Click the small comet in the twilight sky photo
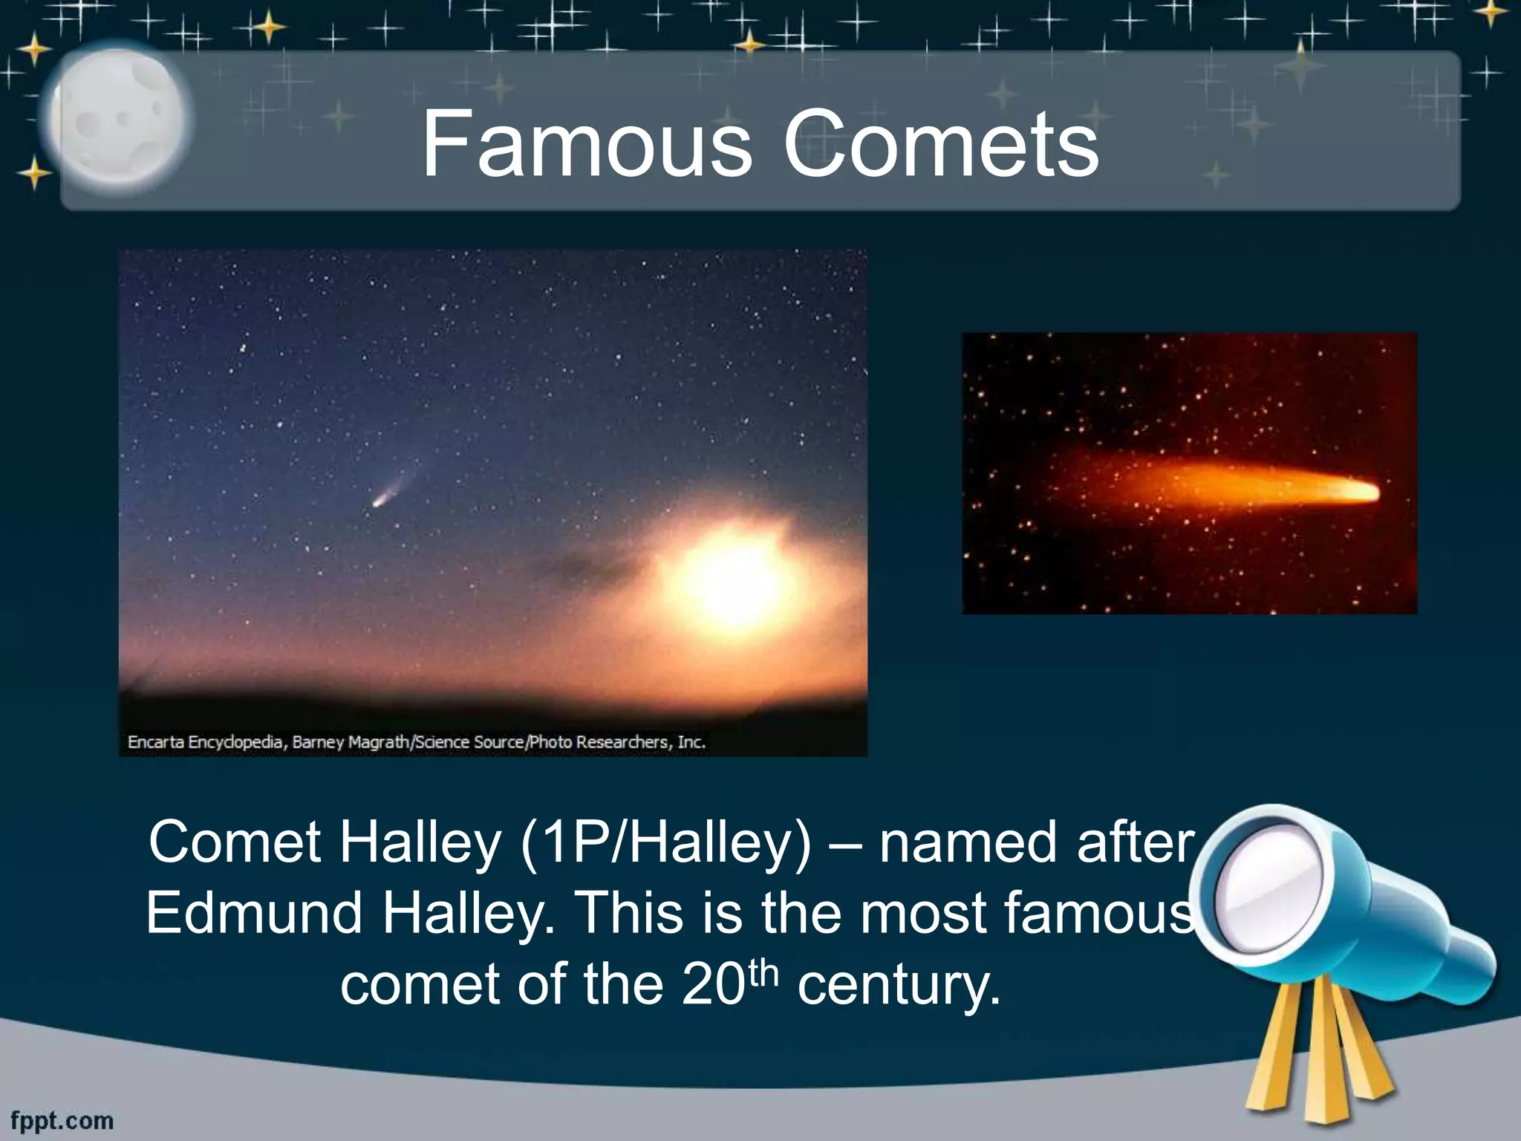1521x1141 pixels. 380,501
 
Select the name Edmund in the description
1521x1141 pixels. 253,913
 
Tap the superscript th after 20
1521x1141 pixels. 762,970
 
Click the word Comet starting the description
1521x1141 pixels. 234,843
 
